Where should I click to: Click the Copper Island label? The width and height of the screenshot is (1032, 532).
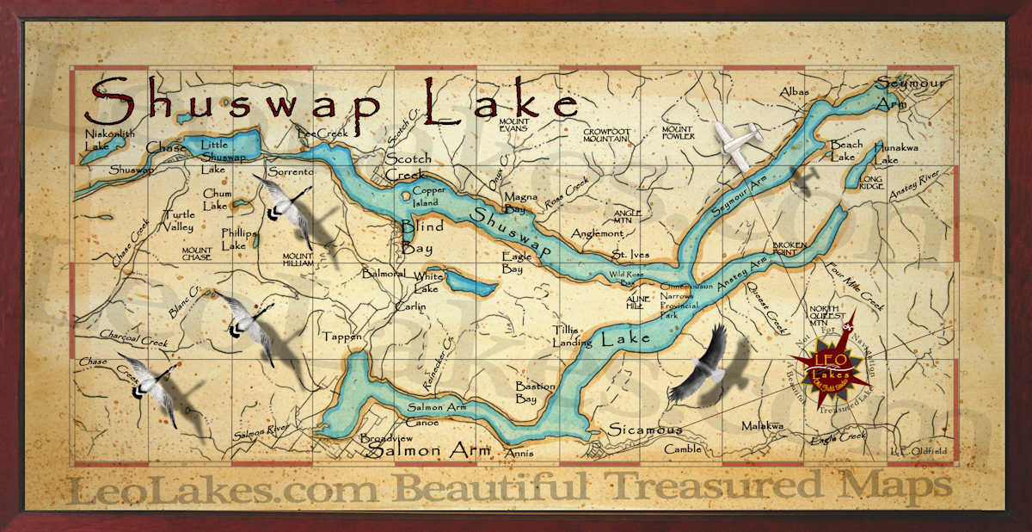(x=429, y=196)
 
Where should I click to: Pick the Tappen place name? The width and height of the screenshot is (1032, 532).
(x=342, y=337)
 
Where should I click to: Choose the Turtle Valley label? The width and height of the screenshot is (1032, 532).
(x=178, y=220)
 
